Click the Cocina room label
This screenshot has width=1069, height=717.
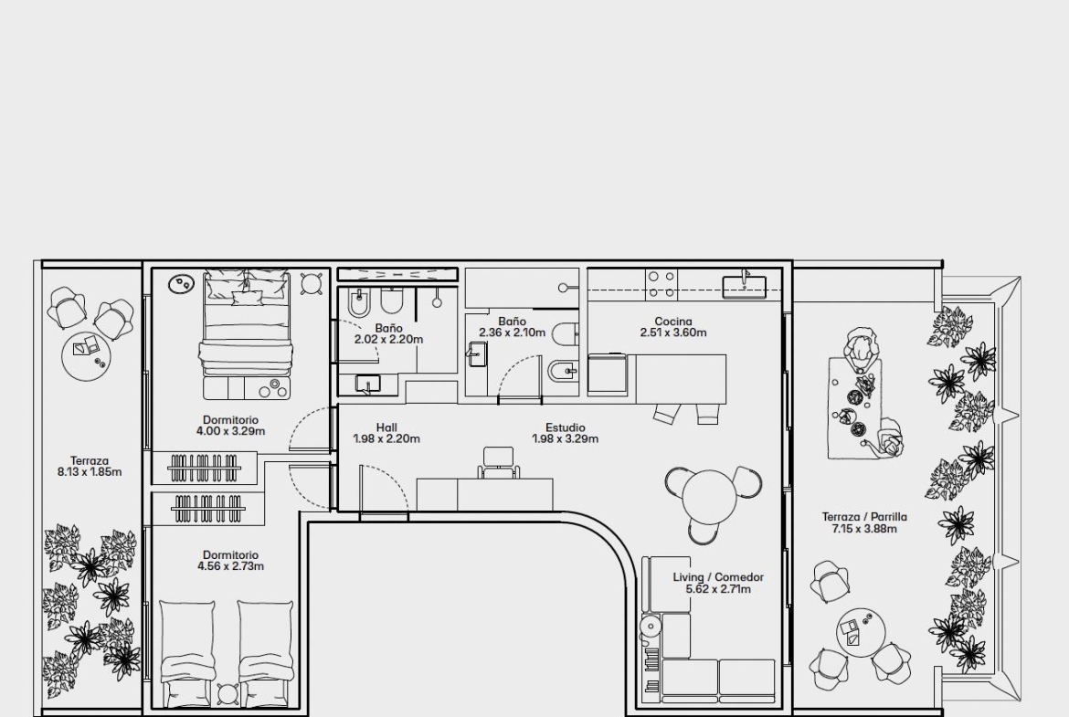click(672, 321)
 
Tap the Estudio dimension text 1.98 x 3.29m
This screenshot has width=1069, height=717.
click(566, 439)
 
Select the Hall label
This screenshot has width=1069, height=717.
click(386, 427)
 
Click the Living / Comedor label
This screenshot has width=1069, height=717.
click(718, 577)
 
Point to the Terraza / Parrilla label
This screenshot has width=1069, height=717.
click(864, 517)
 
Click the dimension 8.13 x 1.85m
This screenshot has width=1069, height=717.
click(90, 471)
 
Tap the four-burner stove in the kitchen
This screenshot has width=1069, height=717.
click(662, 285)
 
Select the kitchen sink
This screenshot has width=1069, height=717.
click(744, 285)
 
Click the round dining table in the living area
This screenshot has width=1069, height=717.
click(713, 495)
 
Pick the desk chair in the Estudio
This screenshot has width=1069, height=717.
click(498, 462)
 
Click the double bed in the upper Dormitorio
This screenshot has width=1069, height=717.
click(247, 334)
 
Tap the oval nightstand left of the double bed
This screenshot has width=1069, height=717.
click(181, 283)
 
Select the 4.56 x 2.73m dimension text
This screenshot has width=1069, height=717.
click(230, 566)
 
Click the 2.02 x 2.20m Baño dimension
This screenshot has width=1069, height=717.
click(388, 340)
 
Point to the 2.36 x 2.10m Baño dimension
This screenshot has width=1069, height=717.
click(512, 333)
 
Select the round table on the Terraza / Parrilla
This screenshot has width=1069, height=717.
click(861, 632)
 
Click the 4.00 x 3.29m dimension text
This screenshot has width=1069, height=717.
click(230, 431)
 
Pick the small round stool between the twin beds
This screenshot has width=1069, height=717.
click(228, 694)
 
